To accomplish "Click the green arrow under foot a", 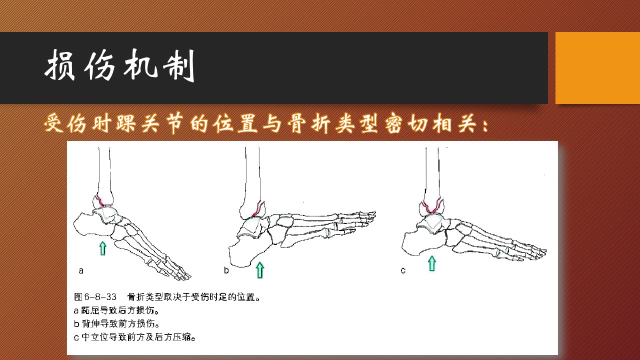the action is pos(102,248).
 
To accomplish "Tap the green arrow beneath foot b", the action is pos(260,270).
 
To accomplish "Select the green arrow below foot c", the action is pos(432,263).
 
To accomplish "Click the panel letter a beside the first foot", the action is pos(81,270).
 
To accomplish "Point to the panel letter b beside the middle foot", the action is pos(226,270).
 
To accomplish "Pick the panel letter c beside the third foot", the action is pos(403,270).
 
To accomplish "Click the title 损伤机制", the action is pos(120,65).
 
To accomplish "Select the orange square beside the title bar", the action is pos(597,68).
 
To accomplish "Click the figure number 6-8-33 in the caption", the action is pos(100,297).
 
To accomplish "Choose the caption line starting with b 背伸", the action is pos(116,323).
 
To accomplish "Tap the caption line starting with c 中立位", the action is pos(135,337).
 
